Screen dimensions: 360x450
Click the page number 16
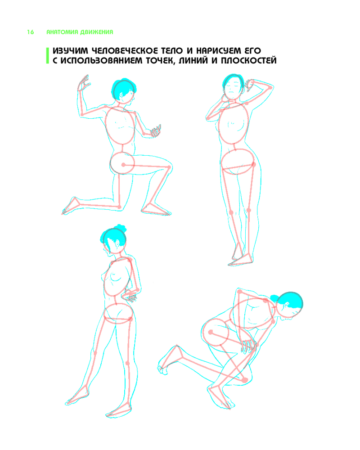31,32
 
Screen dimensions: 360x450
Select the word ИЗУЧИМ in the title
70,51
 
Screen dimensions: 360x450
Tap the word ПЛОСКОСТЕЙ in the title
248,61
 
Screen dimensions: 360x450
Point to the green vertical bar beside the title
48,55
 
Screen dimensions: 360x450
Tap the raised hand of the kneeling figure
83,83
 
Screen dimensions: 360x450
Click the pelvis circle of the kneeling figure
122,163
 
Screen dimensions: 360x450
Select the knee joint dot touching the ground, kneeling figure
120,207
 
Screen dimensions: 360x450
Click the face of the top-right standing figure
233,89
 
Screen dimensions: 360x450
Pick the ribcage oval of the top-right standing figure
234,123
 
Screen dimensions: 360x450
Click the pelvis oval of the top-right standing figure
238,162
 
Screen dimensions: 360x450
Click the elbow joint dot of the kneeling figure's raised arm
82,114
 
